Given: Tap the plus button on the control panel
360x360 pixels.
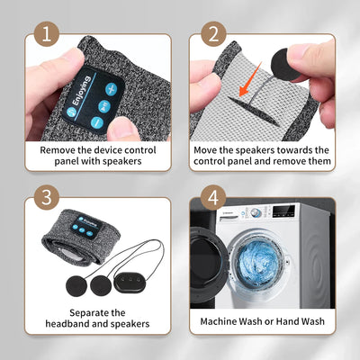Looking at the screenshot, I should pos(111,89).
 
